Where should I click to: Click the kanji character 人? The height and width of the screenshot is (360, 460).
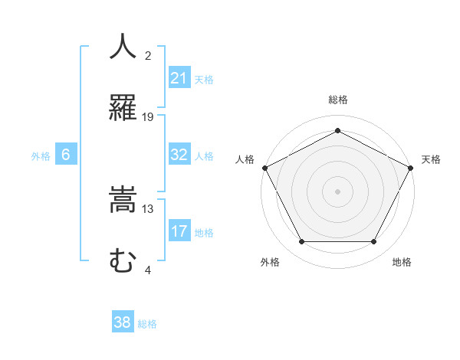coord(123,47)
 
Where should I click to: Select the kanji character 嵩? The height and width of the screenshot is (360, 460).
coord(123,201)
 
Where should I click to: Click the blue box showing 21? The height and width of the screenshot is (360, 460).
coord(179,78)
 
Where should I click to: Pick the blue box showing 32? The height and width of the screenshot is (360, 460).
coord(179,155)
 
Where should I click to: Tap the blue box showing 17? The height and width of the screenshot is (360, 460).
coord(179,231)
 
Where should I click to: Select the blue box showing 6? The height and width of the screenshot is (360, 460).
coord(66,155)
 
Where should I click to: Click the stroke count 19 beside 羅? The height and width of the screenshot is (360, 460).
coord(148,116)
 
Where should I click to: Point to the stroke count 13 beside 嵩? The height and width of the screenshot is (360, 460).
coord(148,208)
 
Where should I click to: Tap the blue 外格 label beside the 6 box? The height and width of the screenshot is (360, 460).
coord(41,155)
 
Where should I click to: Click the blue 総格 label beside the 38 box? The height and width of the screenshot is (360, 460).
coord(147,323)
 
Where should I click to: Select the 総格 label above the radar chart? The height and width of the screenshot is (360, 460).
coord(337,100)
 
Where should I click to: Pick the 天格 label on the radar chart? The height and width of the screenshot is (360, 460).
coord(431,159)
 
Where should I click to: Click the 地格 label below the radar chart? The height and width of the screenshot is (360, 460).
coord(402,262)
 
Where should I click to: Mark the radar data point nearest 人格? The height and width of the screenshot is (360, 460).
coord(264,167)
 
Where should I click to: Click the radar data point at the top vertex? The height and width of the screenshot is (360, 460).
coord(337,129)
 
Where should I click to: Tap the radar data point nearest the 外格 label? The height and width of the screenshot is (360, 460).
coord(301,242)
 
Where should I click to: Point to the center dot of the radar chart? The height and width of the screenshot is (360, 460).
coord(337,191)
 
